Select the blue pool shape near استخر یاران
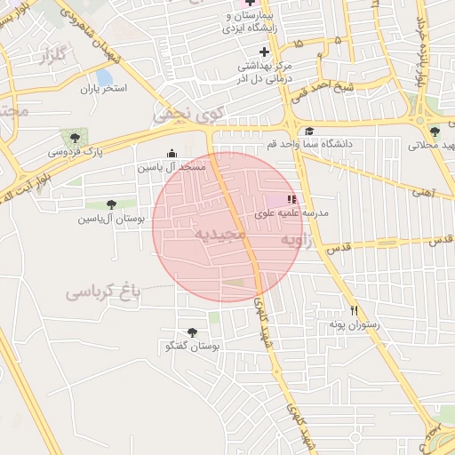(x=105, y=78)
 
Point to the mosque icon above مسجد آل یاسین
(x=172, y=153)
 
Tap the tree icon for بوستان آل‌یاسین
(x=111, y=204)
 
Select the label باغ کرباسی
(x=102, y=291)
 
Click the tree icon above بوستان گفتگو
(x=192, y=332)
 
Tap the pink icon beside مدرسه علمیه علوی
(x=291, y=199)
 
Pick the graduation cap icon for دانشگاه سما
(x=308, y=131)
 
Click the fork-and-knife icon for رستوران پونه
(x=355, y=310)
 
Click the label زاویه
(x=297, y=241)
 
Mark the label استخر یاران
(x=105, y=89)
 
